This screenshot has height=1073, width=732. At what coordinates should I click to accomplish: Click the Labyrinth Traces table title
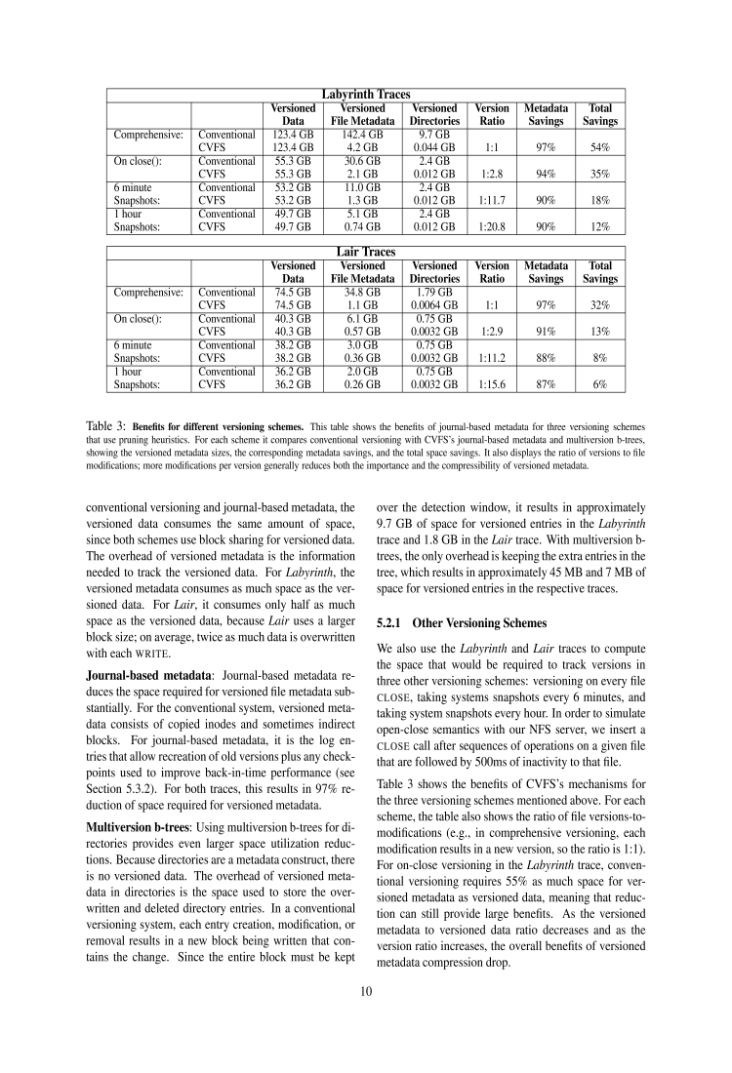366,94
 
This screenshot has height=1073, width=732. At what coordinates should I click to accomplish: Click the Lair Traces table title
366,252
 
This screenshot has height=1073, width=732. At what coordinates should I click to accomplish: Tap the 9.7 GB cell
434,134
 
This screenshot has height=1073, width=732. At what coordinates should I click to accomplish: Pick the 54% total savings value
599,147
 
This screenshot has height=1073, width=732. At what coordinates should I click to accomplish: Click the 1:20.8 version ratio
492,226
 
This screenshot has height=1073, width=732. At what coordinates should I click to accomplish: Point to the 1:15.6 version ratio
492,384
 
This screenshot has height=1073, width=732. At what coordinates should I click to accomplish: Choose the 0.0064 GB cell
434,305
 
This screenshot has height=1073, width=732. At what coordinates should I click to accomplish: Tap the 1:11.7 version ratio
492,200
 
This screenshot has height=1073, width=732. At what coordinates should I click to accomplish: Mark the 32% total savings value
599,305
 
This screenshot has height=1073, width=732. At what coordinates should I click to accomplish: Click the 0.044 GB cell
434,147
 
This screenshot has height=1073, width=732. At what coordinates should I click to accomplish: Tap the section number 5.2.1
392,621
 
